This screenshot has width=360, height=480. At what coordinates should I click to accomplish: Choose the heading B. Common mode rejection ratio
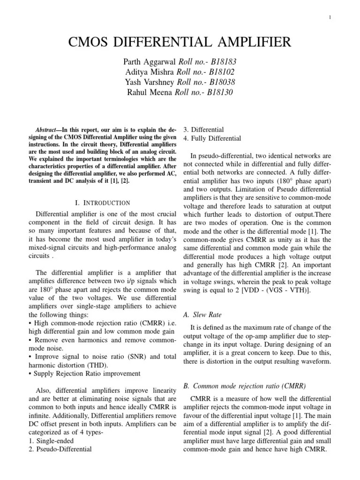pos(244,386)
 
